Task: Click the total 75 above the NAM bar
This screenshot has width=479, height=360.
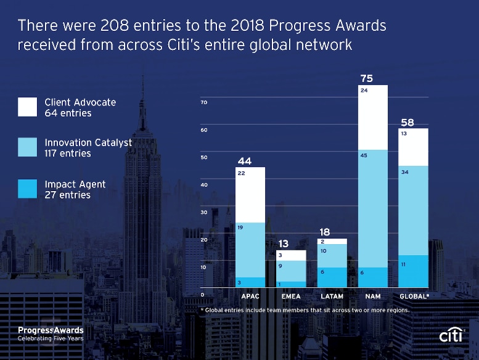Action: point(366,78)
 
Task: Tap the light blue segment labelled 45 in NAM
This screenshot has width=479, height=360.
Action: point(373,208)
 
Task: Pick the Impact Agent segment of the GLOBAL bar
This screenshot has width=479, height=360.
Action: point(414,271)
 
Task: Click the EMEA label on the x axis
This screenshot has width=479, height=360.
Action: point(290,297)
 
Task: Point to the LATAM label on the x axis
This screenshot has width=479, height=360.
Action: point(332,297)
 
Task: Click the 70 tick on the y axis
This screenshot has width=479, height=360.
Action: point(203,102)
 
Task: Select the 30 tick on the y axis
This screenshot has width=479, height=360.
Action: point(203,212)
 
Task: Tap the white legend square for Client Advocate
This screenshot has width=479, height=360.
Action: point(27,107)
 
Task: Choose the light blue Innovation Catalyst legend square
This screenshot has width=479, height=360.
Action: point(27,148)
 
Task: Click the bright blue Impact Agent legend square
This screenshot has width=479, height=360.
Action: point(27,189)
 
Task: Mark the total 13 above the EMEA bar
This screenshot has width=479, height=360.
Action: point(284,244)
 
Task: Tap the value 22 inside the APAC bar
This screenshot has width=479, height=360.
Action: point(242,174)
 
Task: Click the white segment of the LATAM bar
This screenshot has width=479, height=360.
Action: point(332,242)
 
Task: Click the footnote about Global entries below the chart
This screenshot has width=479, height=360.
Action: point(305,310)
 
